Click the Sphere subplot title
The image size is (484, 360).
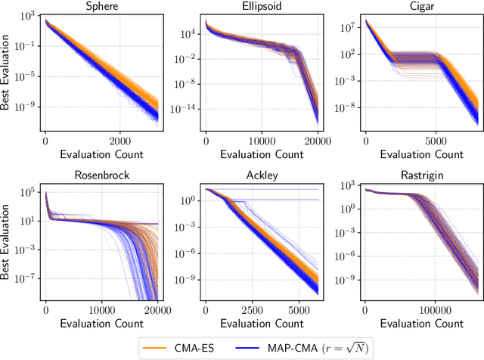click(100, 8)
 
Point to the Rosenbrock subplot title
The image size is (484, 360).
click(100, 175)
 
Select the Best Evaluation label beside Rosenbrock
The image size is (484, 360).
click(8, 244)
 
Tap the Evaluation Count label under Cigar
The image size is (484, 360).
click(421, 154)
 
